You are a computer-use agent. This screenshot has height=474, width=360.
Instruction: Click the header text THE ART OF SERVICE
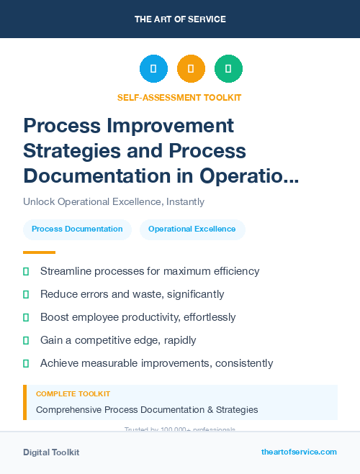point(180,19)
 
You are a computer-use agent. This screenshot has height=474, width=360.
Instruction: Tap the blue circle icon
point(153,69)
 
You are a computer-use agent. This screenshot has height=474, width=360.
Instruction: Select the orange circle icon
point(191,69)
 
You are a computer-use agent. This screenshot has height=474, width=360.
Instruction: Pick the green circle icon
point(228,69)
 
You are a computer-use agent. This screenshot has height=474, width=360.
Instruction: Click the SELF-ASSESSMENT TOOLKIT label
point(179,97)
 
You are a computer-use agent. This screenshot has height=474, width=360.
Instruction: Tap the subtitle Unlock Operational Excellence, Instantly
point(114,202)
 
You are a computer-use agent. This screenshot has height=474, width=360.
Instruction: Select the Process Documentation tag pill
point(77,229)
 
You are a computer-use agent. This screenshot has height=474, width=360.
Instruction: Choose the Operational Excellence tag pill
point(192,229)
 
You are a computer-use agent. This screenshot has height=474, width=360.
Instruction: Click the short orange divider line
point(39,252)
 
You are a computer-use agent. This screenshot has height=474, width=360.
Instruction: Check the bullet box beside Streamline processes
point(26,272)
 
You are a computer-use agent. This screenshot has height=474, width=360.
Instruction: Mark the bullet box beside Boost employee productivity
point(26,317)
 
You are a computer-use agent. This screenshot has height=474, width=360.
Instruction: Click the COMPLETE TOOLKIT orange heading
point(73,394)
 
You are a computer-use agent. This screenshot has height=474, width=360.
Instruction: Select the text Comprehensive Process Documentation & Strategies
point(147,410)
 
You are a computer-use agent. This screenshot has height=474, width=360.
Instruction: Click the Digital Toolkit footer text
point(51,452)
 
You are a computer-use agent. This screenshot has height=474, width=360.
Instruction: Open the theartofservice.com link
point(299,452)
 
